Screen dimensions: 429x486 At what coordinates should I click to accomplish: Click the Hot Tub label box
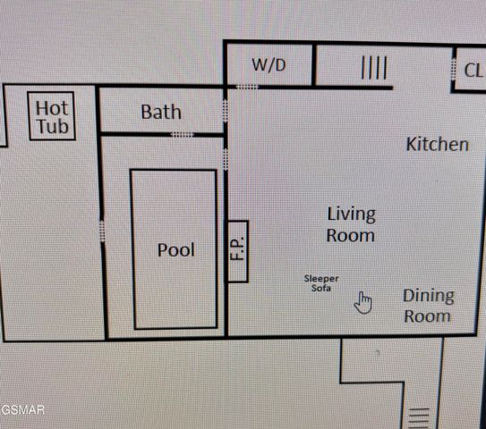52,117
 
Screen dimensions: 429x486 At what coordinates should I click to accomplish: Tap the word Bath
161,112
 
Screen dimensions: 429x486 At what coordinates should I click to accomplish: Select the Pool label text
175,250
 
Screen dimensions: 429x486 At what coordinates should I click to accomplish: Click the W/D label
269,65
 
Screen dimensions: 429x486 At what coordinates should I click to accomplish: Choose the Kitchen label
437,144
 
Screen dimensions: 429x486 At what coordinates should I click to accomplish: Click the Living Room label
350,224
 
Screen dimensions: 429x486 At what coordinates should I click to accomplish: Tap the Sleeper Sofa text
320,283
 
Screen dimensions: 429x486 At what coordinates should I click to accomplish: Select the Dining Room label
428,305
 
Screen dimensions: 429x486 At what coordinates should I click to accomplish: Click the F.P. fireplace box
237,251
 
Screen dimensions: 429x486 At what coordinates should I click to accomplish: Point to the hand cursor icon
362,303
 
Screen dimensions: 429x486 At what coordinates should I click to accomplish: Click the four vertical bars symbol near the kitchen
373,68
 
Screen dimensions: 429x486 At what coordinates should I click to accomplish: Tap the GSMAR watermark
22,410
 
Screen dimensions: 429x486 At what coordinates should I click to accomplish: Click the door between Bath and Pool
182,135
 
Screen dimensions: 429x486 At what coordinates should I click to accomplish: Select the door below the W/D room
247,87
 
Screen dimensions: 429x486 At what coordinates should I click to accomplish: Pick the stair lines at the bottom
419,416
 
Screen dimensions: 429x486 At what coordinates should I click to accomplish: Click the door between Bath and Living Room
226,110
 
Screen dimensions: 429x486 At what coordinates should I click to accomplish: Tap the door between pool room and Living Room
226,159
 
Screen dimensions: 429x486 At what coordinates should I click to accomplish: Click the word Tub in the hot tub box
52,127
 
